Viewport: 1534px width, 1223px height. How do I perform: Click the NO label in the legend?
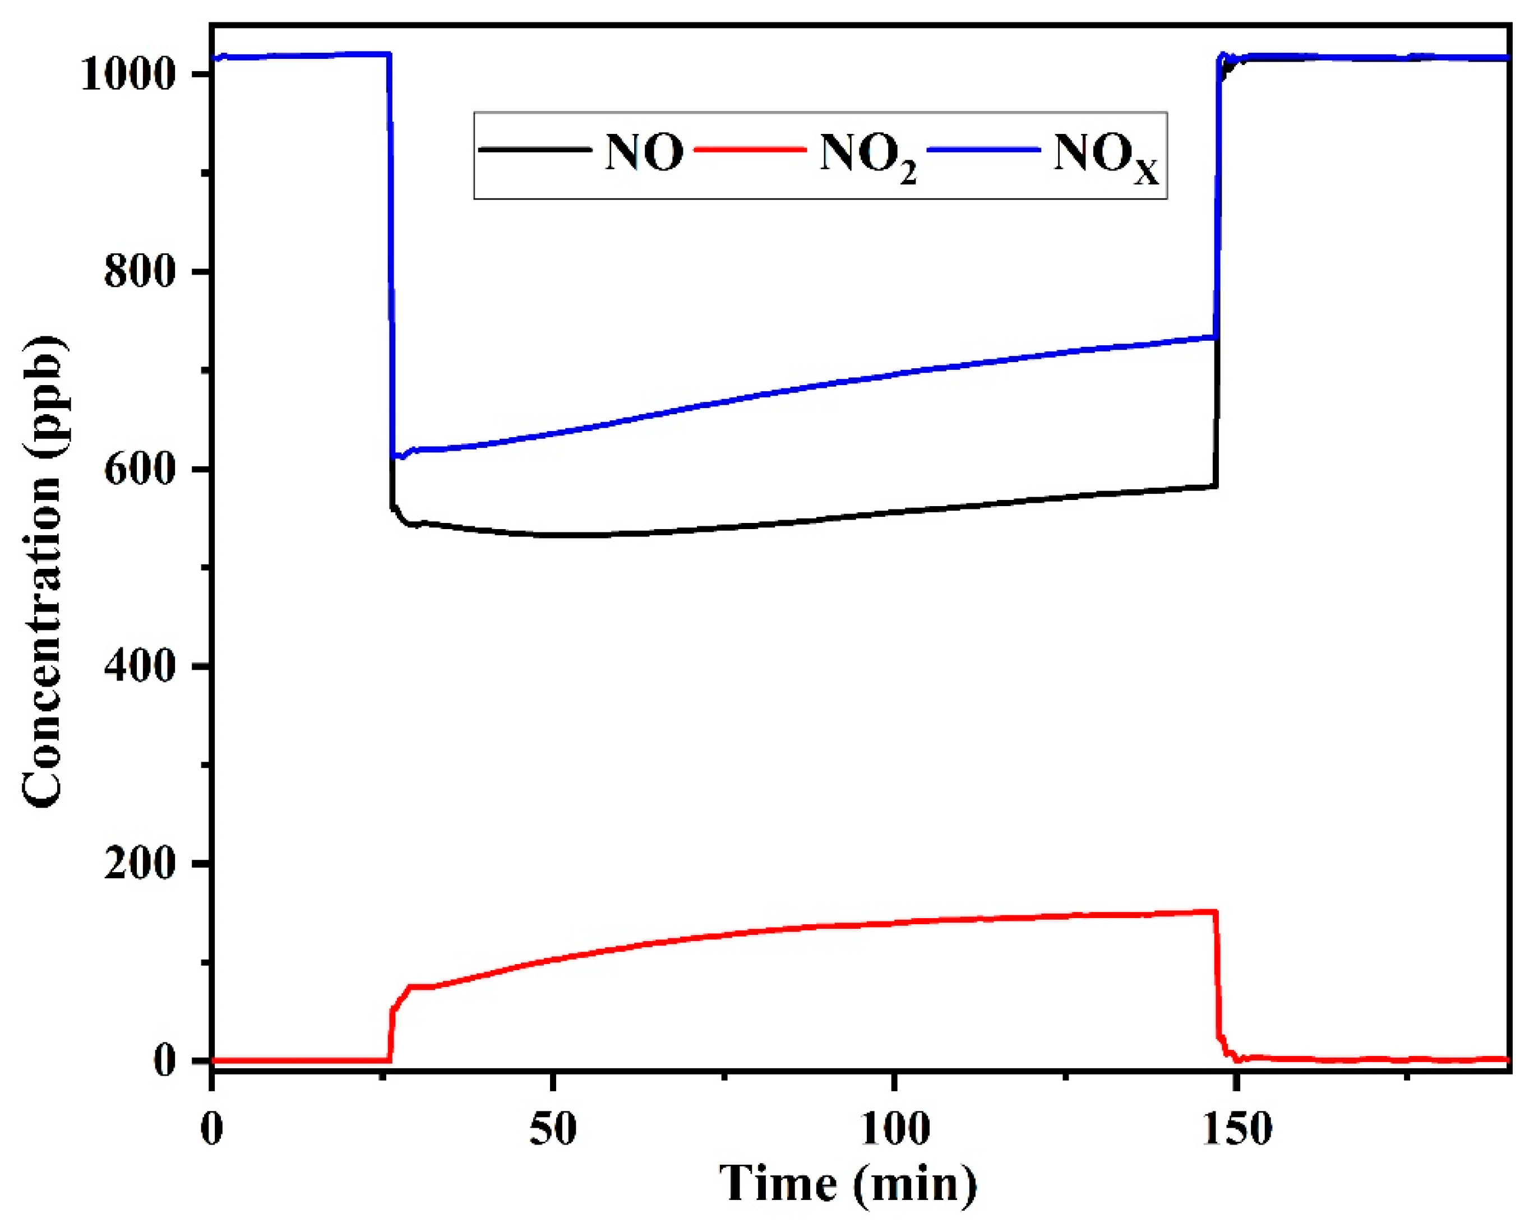point(644,152)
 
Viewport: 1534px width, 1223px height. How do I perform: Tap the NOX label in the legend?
point(1105,156)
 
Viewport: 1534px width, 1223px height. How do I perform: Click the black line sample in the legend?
point(535,150)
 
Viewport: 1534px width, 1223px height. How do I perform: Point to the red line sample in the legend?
point(750,150)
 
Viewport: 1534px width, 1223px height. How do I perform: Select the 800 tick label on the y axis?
point(140,272)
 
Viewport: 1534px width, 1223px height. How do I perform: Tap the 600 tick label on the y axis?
point(140,470)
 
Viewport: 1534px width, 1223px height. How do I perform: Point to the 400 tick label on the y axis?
point(140,666)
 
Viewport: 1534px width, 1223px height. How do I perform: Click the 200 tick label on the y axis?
point(140,864)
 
